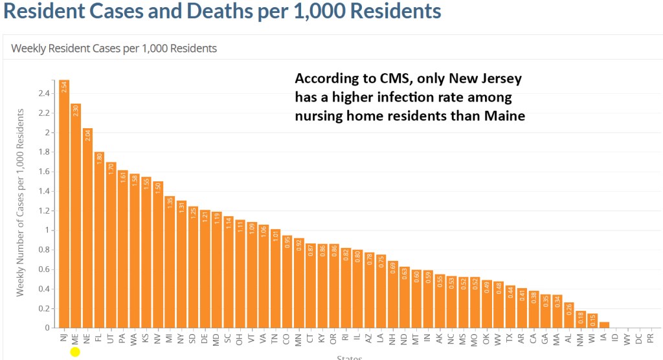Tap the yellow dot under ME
[x=75, y=352]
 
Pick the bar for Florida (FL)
[x=99, y=240]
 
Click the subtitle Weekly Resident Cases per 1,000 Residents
[x=114, y=48]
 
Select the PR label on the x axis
[x=650, y=338]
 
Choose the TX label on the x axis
[x=510, y=338]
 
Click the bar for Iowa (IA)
[x=603, y=324]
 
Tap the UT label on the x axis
[x=111, y=338]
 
